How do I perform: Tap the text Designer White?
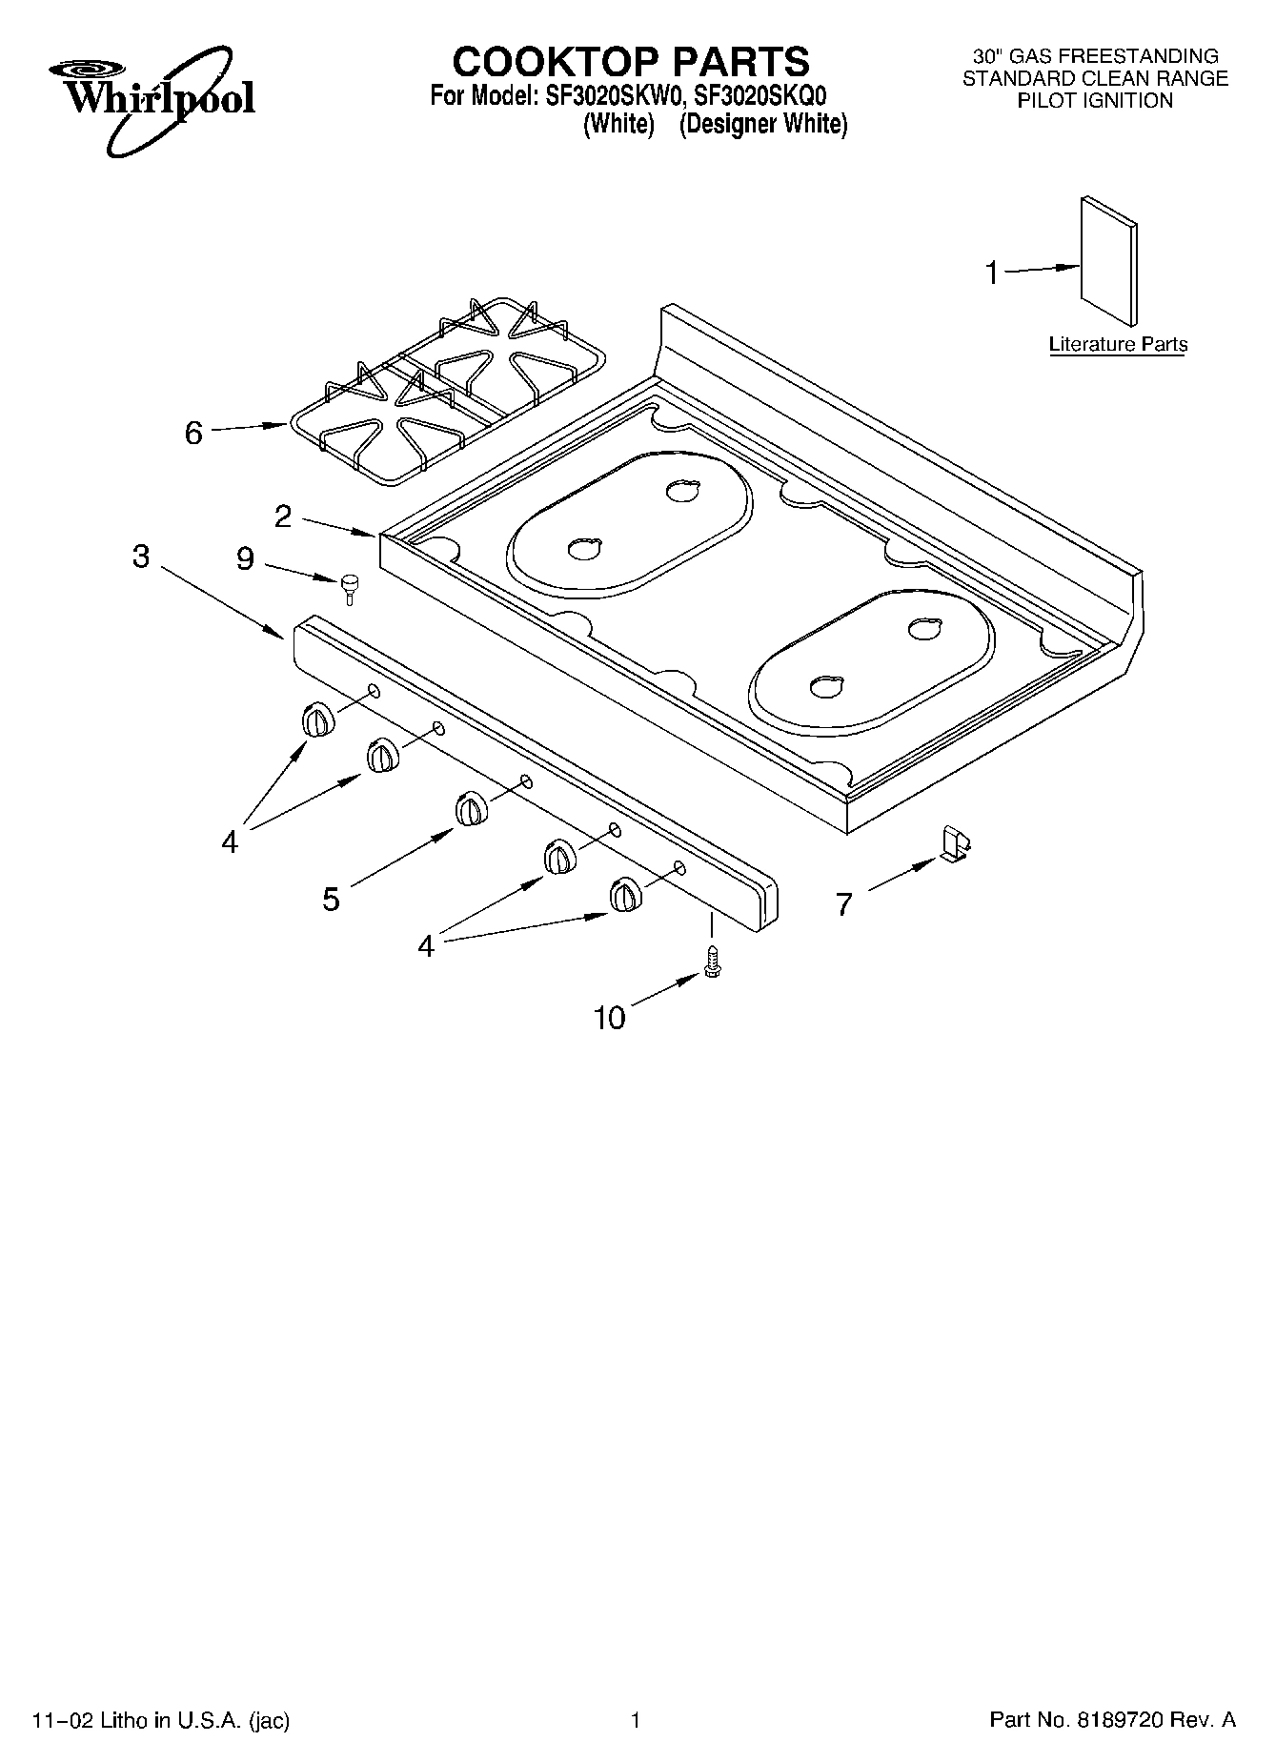coord(763,124)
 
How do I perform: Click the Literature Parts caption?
coord(1118,345)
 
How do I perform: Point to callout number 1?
coord(992,273)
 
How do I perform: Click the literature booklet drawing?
coord(1108,261)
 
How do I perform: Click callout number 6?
coord(193,434)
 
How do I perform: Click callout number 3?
coord(141,557)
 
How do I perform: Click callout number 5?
coord(331,899)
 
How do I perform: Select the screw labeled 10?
coord(711,960)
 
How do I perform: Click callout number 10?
coord(609,1018)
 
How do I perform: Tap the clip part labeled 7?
coord(955,843)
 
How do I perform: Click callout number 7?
coord(843,904)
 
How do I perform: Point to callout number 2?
coord(283,516)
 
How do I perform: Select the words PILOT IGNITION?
coord(1095,101)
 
